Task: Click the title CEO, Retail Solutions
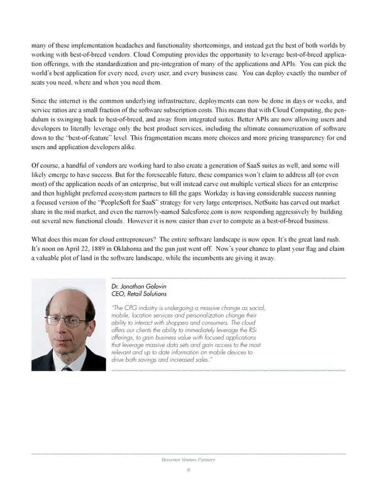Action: pyautogui.click(x=138, y=293)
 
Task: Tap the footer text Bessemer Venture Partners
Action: pyautogui.click(x=188, y=460)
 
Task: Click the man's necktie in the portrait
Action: pyautogui.click(x=67, y=368)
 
